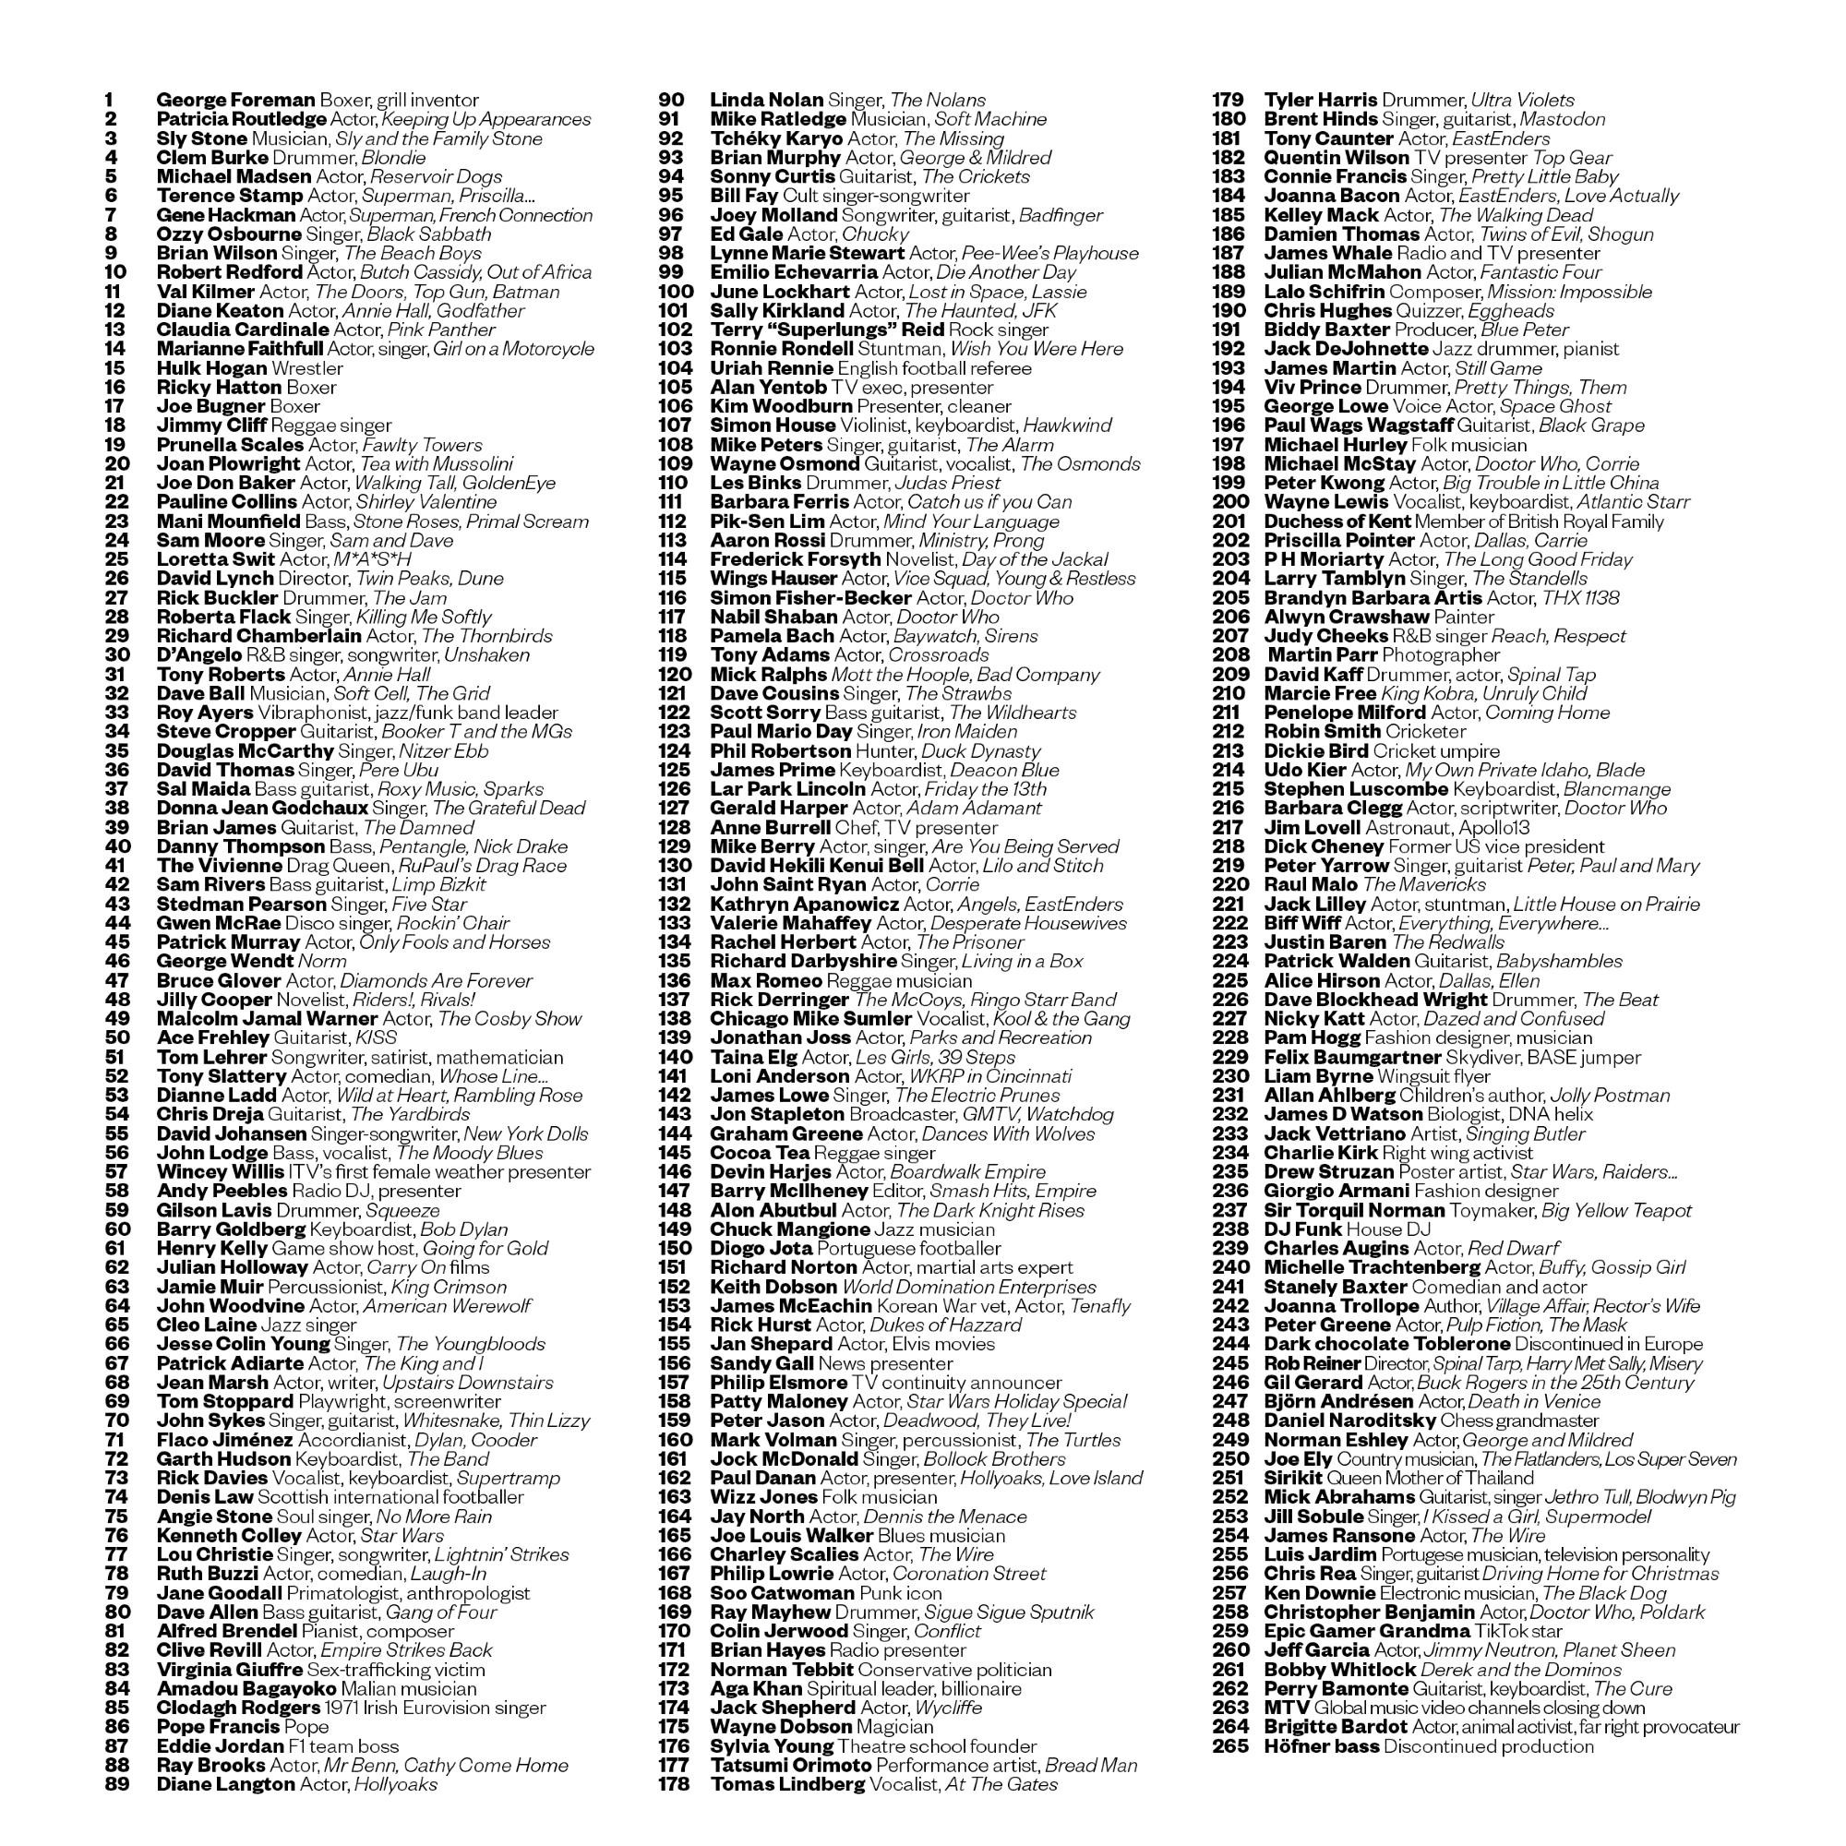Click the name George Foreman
235,101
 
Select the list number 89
117,1785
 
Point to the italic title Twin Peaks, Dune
429,579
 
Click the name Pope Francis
219,1728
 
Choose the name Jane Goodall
219,1593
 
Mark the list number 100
676,292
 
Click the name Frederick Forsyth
795,560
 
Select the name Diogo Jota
761,1249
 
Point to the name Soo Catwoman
782,1593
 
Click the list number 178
674,1785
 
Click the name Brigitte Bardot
1335,1728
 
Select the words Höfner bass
1321,1746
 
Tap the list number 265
1229,1746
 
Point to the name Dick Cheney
1324,846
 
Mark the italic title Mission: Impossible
1570,292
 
